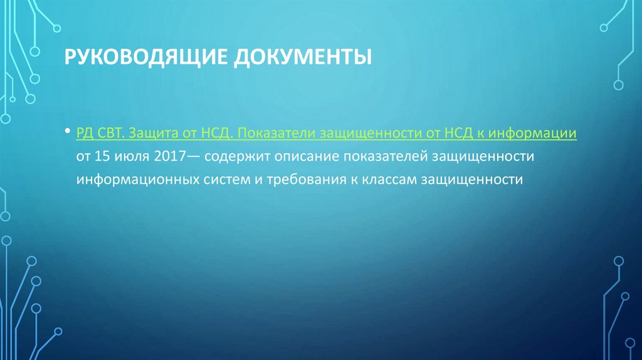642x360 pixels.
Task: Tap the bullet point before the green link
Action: pos(67,133)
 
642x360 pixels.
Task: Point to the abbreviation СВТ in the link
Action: pos(113,134)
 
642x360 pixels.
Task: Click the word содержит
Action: pos(232,156)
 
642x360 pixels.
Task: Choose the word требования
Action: pos(308,179)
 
